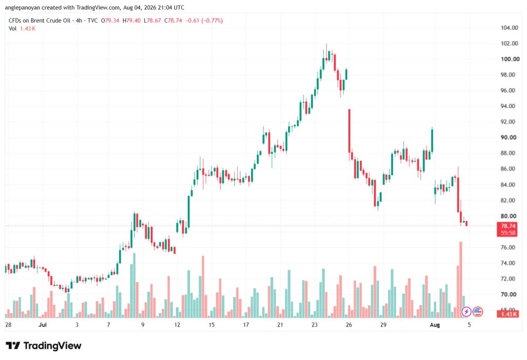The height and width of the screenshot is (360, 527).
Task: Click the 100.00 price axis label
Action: (510, 59)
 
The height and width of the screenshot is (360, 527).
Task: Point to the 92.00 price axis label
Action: (508, 122)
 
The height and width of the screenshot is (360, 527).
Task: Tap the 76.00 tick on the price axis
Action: (508, 247)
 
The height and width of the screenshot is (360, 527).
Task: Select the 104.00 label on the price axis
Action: (509, 28)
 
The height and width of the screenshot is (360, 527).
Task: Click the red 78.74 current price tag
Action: (508, 226)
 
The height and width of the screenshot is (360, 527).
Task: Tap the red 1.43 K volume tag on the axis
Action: (508, 314)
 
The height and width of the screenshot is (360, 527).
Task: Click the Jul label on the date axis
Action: (43, 325)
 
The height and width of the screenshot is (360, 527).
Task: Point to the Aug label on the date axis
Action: (435, 325)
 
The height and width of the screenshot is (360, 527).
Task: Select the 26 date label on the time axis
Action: (349, 325)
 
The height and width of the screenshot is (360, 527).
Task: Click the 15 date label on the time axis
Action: (212, 325)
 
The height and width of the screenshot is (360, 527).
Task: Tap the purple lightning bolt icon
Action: (466, 312)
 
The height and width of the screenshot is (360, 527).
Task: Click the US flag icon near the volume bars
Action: (478, 312)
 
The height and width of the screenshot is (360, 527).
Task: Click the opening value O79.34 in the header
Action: (110, 21)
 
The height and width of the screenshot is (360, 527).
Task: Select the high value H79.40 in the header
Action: (131, 21)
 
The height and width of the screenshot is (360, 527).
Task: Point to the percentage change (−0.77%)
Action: (212, 21)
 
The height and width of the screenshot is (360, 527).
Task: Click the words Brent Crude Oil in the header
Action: (51, 21)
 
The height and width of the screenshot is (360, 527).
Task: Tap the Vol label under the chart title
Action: (12, 29)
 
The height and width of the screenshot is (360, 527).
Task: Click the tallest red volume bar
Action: (461, 280)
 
